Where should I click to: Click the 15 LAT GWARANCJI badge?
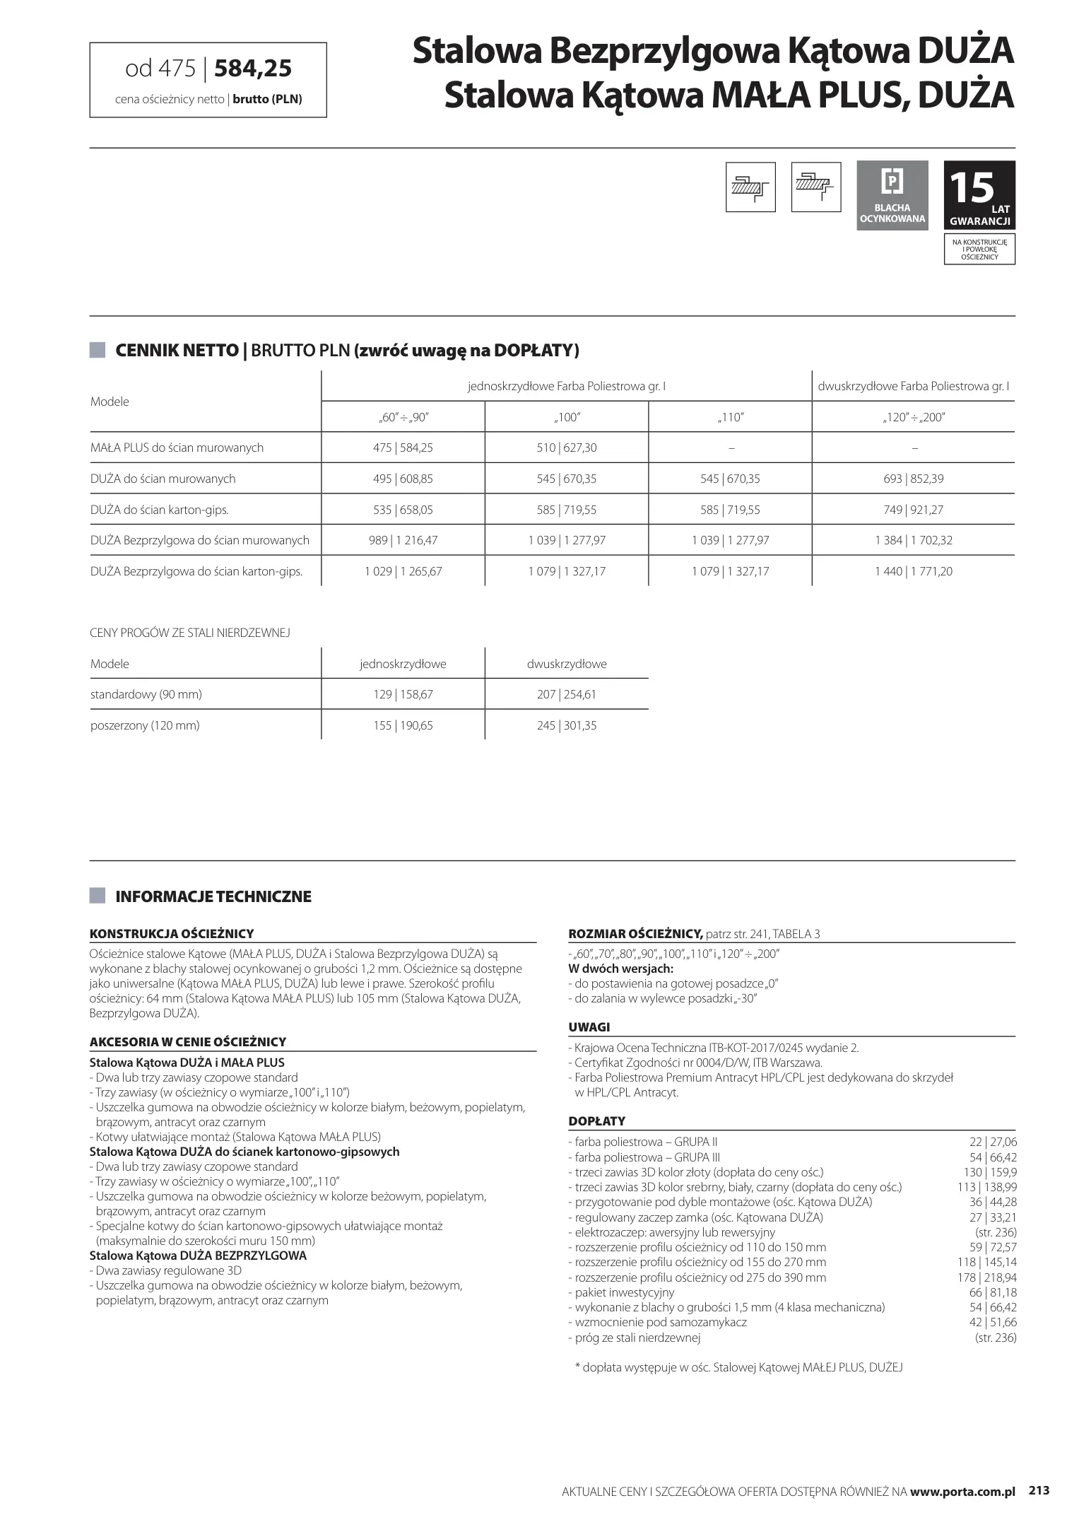[979, 195]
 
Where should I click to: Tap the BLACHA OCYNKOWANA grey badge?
[892, 195]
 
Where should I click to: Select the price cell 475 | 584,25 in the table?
[403, 447]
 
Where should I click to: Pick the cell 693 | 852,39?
[913, 479]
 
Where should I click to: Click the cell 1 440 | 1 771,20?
[913, 571]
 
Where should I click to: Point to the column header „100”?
[567, 417]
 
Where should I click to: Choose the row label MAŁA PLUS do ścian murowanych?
[177, 447]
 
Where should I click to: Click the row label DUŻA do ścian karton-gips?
[159, 510]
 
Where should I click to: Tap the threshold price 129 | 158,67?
[403, 694]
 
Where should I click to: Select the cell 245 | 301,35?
[567, 725]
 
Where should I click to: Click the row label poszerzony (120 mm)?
[145, 725]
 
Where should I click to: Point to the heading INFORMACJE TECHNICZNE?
[213, 896]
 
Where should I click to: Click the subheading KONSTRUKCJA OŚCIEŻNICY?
[172, 933]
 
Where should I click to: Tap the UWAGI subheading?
[589, 1027]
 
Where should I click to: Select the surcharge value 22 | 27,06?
[993, 1142]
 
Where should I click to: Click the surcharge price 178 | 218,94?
[987, 1277]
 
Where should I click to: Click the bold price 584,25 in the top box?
[252, 68]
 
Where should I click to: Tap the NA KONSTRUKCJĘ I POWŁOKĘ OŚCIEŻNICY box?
[979, 250]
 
